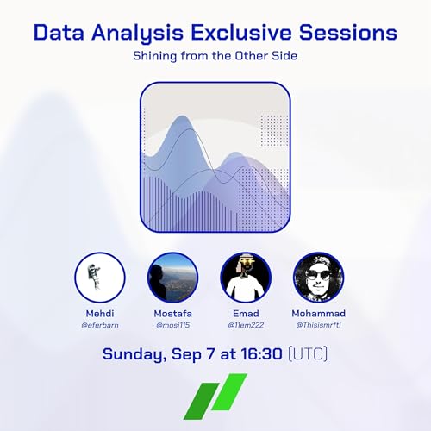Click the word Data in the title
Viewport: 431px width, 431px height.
(59, 32)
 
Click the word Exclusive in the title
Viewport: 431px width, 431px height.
(241, 32)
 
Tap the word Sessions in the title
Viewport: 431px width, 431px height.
(348, 32)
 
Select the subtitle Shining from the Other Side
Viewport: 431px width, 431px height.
(215, 56)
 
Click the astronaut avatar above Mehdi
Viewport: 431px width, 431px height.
(100, 278)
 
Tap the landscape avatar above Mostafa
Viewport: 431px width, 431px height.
(172, 278)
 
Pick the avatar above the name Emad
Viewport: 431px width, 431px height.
(246, 278)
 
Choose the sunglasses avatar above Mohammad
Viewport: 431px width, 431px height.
(318, 278)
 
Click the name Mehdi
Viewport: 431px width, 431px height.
(100, 313)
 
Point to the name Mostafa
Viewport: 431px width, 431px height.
(172, 313)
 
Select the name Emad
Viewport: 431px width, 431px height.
(246, 313)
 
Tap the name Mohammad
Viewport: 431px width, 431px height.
(318, 313)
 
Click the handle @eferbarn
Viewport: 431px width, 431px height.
(100, 325)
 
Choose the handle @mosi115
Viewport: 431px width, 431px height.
(172, 325)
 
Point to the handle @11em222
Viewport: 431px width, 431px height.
(246, 325)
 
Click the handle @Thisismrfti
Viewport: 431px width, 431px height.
(318, 325)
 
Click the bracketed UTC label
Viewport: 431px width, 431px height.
(308, 354)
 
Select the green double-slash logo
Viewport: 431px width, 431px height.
(215, 397)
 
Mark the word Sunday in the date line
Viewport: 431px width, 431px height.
(134, 354)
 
